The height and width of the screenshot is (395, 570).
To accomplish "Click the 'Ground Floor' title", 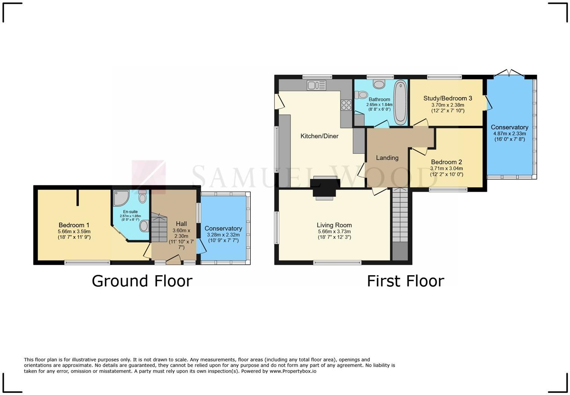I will coord(142,281).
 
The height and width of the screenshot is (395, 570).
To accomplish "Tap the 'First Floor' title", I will coord(405,281).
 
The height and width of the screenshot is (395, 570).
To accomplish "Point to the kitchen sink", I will coord(316,86).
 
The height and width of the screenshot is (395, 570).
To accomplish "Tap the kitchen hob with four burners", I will coord(346,105).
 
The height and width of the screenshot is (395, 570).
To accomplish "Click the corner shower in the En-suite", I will coord(121,198).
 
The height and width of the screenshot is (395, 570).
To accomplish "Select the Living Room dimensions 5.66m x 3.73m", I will coord(334,231).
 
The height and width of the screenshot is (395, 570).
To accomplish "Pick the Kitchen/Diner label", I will coord(319,136).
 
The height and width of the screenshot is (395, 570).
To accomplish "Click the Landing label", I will coord(387,158).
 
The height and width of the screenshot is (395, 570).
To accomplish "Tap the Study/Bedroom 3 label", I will coord(447,98).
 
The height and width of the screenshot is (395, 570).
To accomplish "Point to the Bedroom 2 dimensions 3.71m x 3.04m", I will coord(446,168).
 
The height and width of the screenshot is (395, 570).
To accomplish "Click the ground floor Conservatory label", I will coord(223,228).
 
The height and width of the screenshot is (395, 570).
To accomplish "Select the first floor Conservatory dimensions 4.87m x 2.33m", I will coord(509,133).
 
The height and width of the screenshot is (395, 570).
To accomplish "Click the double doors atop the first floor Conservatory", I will coord(509,72).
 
